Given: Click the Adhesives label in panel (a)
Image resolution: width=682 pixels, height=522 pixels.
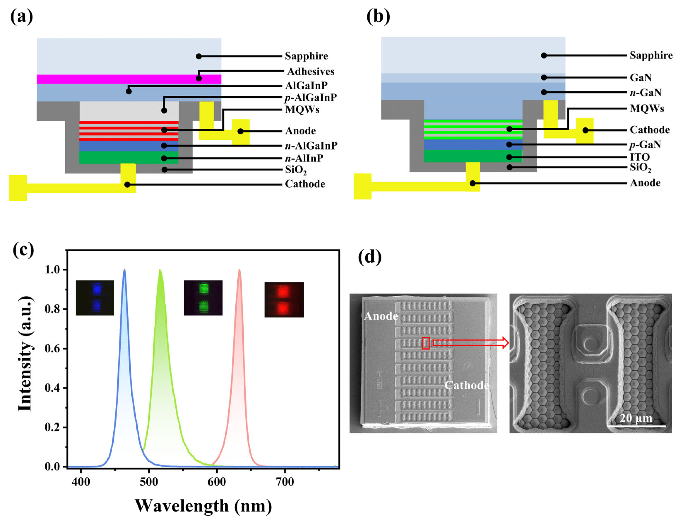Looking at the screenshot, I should [310, 72].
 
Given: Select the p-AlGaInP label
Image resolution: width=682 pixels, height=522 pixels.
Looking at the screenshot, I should [310, 98].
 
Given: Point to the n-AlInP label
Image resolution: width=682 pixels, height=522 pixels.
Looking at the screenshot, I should [304, 158].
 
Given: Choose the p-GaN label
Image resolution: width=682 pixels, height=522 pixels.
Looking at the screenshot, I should [645, 145].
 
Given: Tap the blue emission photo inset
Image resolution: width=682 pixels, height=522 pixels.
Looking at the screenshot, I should [95, 298].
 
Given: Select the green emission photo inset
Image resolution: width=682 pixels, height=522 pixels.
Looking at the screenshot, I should [203, 298].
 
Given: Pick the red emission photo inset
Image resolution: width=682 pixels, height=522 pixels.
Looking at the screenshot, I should [284, 299].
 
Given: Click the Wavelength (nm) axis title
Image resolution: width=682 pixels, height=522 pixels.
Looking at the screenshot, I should [203, 506].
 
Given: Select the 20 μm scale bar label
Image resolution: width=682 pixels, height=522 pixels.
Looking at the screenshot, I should [636, 418].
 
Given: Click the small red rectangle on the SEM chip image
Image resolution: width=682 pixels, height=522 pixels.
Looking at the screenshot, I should [425, 343].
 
